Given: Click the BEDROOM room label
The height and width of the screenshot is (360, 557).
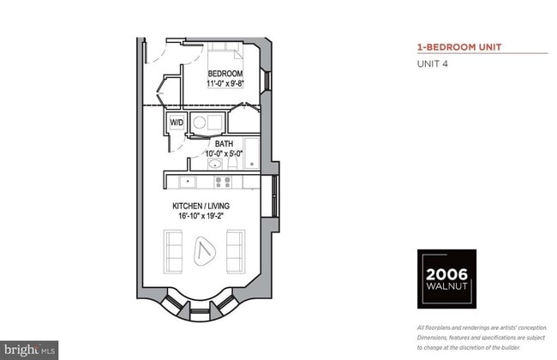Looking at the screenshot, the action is [x=225, y=74].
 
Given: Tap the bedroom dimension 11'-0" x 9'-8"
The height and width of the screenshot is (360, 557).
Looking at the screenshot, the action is [x=225, y=83].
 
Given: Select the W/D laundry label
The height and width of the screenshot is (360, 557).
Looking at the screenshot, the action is [x=177, y=123].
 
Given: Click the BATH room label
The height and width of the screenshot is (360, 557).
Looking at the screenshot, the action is [x=225, y=144].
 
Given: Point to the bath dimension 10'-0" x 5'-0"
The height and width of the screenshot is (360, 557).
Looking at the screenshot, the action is [x=225, y=153].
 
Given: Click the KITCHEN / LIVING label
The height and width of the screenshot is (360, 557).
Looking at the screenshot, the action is [x=201, y=206].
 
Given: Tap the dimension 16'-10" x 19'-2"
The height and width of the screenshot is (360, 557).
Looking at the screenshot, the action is [x=201, y=216].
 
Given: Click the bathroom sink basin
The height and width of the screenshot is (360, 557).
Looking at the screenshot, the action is [x=214, y=164].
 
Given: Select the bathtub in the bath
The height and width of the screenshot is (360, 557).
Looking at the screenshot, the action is [x=252, y=153].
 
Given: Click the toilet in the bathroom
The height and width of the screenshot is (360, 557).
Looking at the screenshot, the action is [x=233, y=163].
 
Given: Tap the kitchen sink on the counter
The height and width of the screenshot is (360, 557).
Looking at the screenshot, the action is [x=188, y=183].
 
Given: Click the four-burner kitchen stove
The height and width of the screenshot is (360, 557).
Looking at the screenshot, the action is [x=223, y=183].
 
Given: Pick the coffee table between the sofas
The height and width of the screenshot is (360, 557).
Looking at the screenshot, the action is [x=205, y=250].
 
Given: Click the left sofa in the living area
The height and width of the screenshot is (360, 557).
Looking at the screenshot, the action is [x=173, y=252].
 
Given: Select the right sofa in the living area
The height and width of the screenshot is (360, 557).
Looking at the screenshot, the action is [x=236, y=252].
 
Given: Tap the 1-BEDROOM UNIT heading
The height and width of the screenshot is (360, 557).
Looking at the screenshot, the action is [x=459, y=47].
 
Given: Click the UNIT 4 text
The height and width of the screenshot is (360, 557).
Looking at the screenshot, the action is [x=432, y=64].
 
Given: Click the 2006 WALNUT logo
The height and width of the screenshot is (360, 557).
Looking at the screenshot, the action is [x=446, y=279].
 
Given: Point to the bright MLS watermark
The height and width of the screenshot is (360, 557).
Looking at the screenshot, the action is [x=29, y=350].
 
